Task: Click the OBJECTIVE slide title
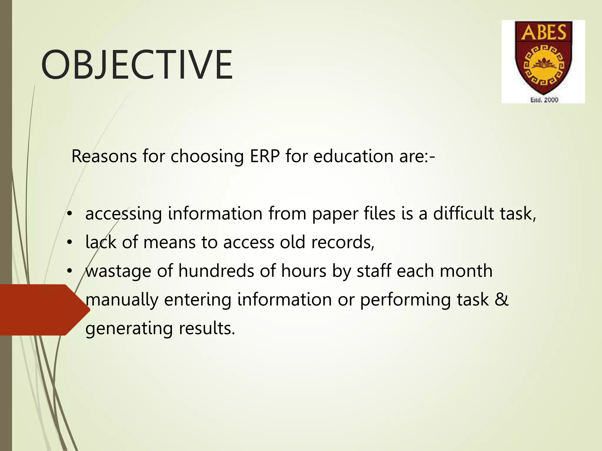(x=137, y=65)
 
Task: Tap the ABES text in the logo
(x=544, y=32)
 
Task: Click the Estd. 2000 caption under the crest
(x=544, y=100)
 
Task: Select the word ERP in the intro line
(x=265, y=156)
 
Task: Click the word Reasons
(x=104, y=156)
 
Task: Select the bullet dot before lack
(x=69, y=243)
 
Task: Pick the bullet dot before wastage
(x=69, y=271)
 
